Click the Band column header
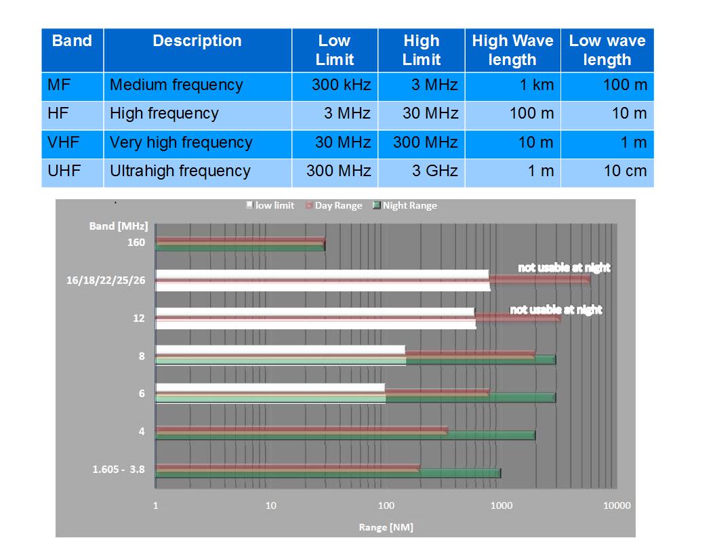(72, 41)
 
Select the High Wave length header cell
(512, 50)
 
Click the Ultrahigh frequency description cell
(180, 171)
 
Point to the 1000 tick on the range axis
(501, 505)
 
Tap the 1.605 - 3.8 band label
(119, 468)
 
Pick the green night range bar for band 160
(240, 247)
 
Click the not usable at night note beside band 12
(556, 310)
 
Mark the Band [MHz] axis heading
(118, 226)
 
